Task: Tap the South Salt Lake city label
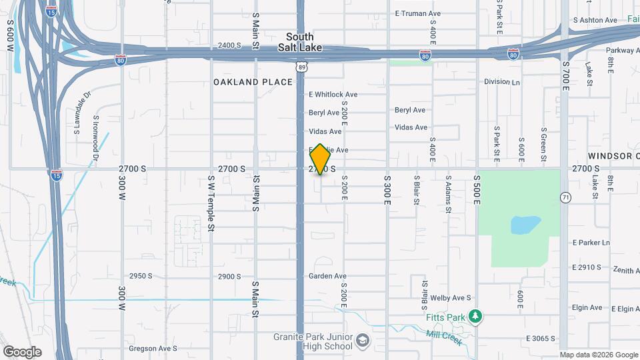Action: coord(304,42)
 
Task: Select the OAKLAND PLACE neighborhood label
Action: coord(253,82)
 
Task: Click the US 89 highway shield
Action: coord(303,67)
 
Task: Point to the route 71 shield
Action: coord(565,197)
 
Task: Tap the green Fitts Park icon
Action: coord(475,316)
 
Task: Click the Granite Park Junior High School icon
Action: coord(362,341)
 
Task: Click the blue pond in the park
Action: coord(525,225)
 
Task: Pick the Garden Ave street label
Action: coord(327,276)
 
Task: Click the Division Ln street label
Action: coord(502,82)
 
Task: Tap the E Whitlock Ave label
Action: coord(333,95)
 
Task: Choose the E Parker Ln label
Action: coord(591,243)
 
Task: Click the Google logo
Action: coord(22,351)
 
